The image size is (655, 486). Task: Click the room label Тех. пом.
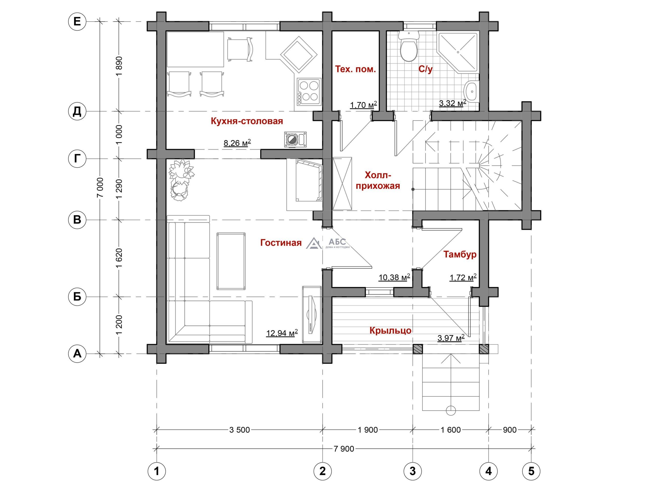tap(355, 69)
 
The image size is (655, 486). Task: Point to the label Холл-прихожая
tap(378, 180)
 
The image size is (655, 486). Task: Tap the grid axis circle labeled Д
tap(77, 112)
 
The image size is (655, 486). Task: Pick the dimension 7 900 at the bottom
tap(344, 449)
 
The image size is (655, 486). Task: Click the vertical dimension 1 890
tap(119, 66)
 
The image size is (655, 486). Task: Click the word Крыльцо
tap(390, 330)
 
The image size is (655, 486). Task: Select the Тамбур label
tap(460, 254)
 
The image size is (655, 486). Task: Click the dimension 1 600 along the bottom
tap(450, 430)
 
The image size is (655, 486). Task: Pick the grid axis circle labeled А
tap(77, 353)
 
